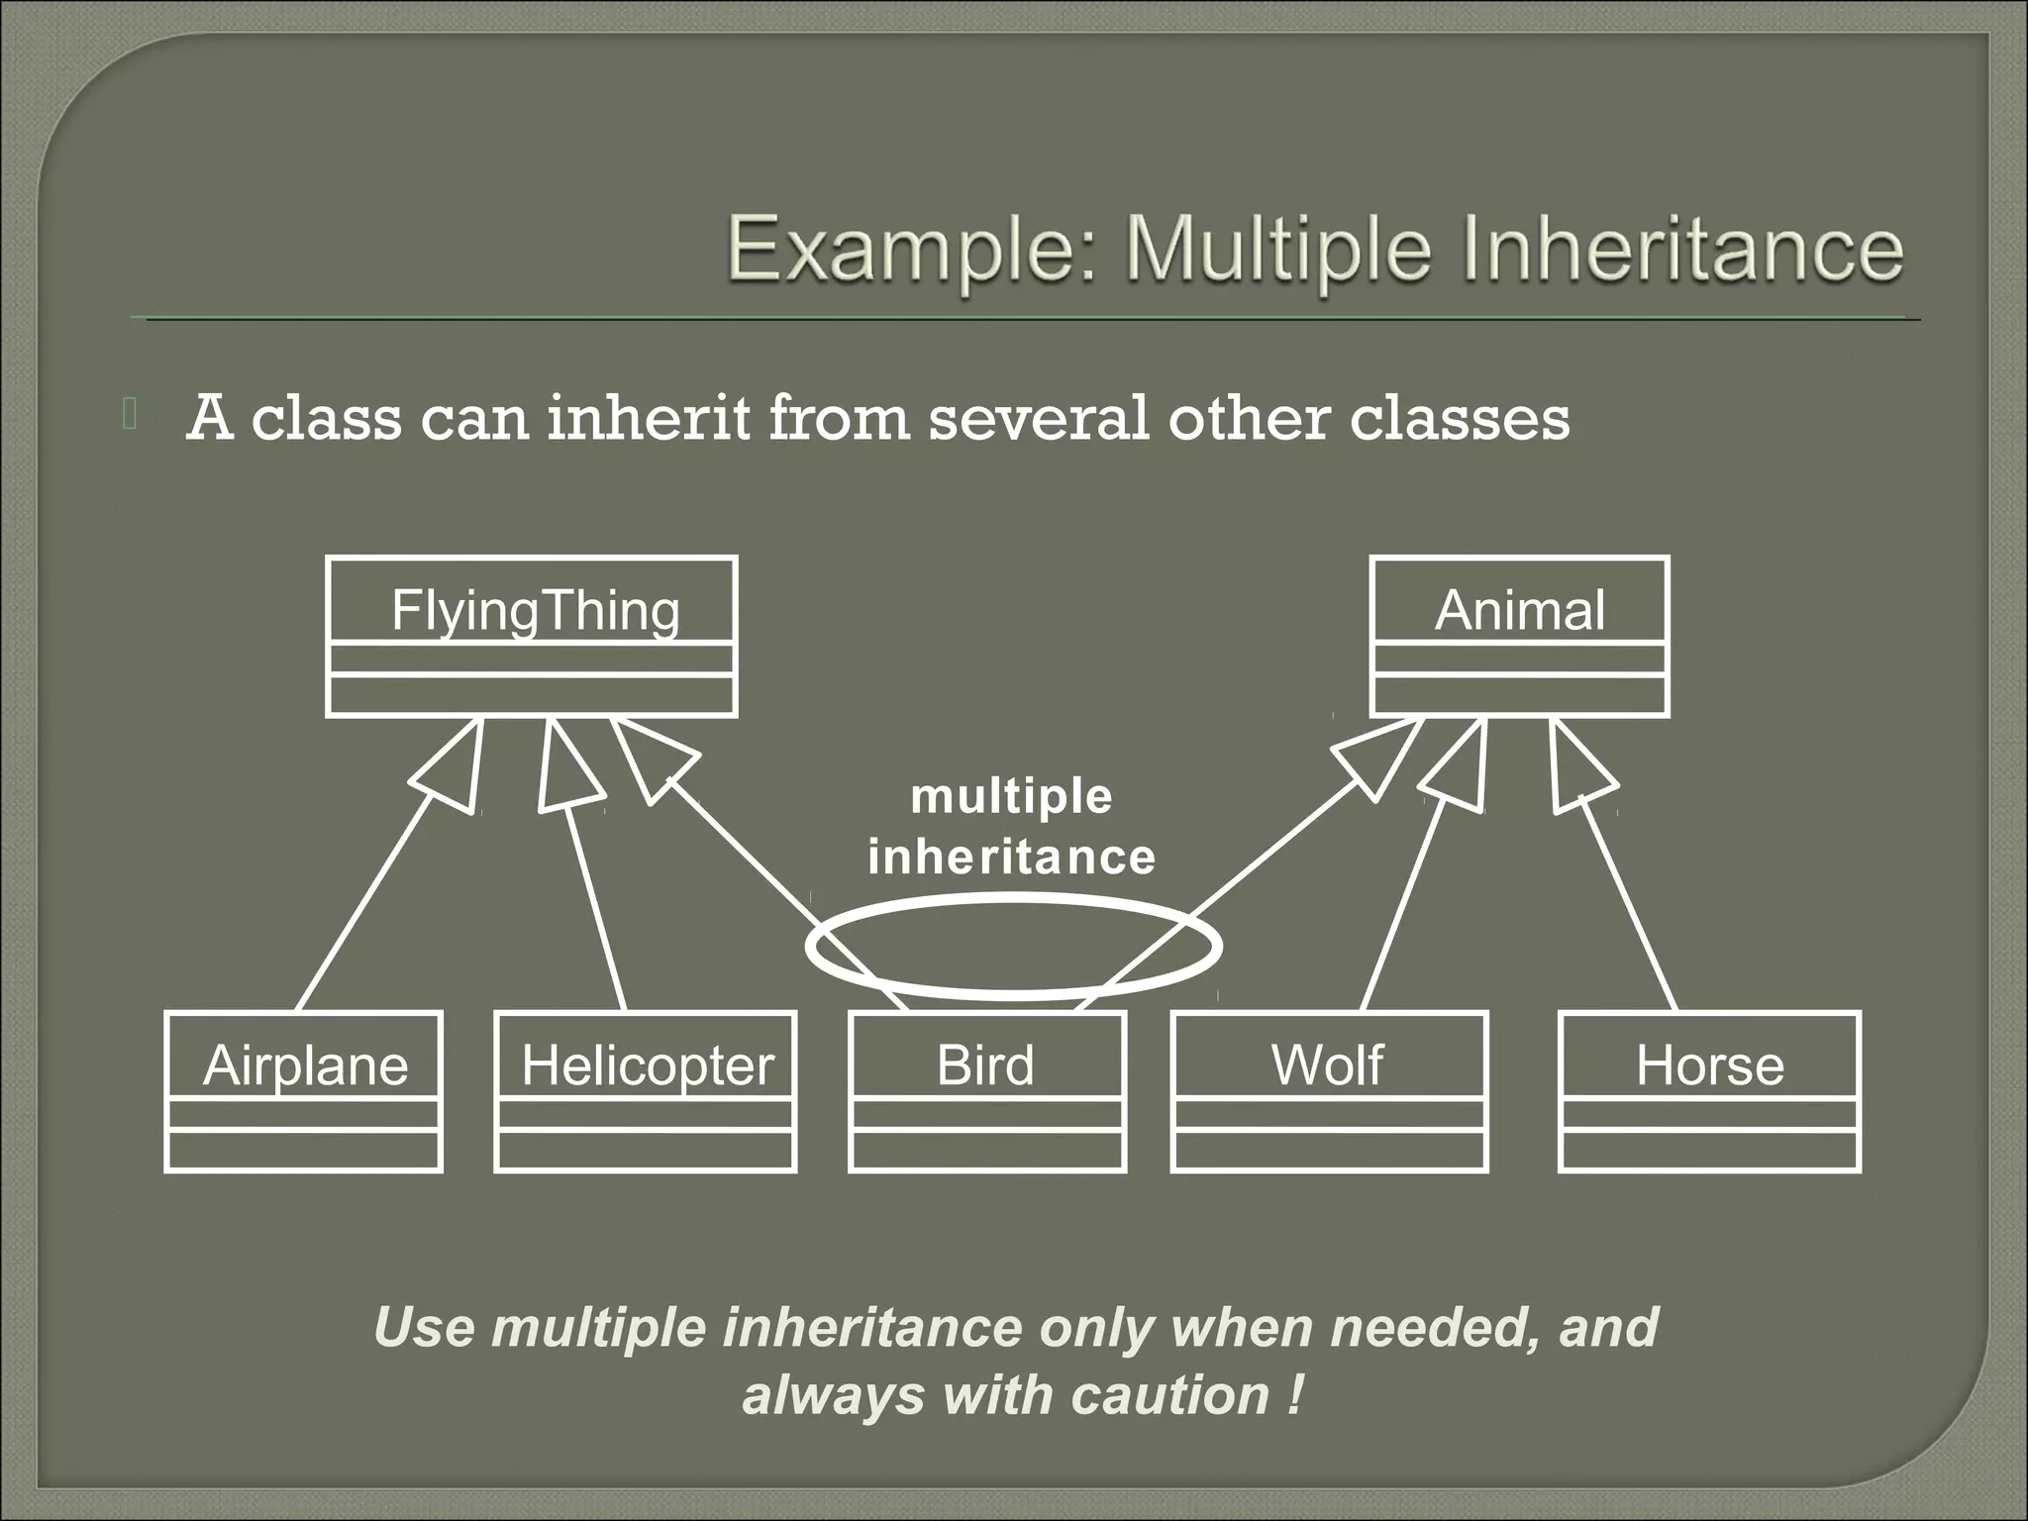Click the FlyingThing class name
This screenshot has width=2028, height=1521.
coord(535,610)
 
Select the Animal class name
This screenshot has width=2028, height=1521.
coord(1519,610)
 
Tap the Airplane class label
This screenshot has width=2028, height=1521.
coord(305,1065)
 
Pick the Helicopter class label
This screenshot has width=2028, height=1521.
coord(647,1065)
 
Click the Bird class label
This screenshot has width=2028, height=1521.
coord(985,1065)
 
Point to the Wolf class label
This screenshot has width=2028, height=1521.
coord(1327,1065)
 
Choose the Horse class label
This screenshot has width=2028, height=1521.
coord(1709,1065)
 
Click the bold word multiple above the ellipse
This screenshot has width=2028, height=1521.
coord(1011,796)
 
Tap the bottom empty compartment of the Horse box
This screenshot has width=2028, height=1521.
coord(1709,1151)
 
